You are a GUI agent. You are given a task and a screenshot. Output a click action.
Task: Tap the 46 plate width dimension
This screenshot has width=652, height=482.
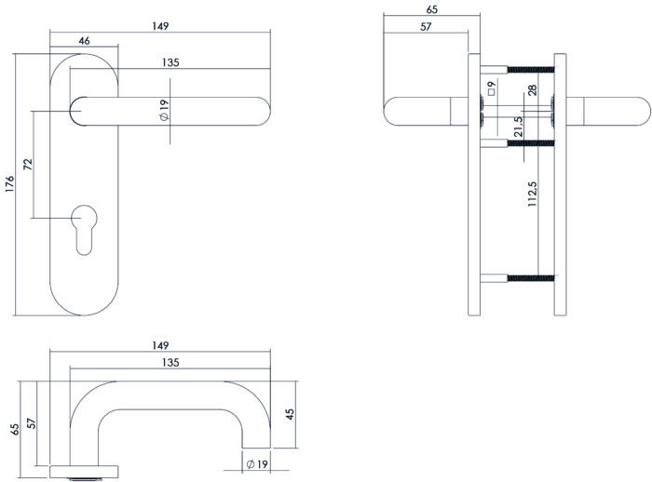coord(84,40)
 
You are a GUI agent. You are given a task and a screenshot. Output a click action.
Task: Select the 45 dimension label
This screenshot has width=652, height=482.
coord(290,412)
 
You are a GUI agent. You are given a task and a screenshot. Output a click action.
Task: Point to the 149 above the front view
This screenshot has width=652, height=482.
coord(160,27)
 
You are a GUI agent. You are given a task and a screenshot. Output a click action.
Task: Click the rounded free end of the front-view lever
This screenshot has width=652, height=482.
coord(265,109)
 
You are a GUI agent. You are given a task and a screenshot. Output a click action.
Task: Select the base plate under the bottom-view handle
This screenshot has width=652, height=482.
coord(84,469)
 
